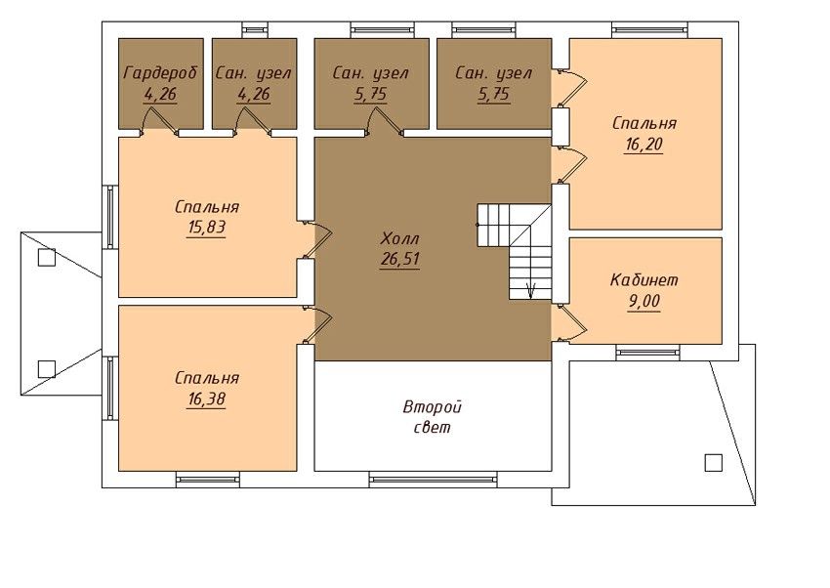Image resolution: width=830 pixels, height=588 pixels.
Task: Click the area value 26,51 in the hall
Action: [400, 259]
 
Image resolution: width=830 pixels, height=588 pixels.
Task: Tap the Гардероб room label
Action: [160, 73]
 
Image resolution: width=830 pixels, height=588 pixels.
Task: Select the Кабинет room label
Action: [643, 279]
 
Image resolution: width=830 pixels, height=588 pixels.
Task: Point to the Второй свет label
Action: [433, 416]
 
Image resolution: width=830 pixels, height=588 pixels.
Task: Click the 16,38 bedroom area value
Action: [206, 399]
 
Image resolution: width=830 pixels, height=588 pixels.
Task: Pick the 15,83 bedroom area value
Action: [206, 227]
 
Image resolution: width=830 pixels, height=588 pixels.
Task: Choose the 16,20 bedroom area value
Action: [643, 144]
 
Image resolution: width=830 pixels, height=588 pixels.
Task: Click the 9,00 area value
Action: [643, 301]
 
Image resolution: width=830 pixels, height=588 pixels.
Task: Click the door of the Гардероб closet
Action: [159, 119]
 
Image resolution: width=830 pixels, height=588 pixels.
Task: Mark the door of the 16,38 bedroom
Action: [317, 324]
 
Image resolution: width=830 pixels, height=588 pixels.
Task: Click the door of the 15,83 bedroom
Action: [317, 239]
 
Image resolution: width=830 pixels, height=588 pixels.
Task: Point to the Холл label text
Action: [400, 238]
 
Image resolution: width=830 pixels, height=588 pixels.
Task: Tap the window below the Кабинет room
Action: [647, 352]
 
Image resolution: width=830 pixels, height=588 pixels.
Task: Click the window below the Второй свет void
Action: [433, 480]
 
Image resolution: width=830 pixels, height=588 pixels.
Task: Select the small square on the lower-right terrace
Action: [714, 463]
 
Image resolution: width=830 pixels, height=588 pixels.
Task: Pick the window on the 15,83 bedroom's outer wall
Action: [110, 216]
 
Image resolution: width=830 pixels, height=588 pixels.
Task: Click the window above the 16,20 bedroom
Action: [649, 30]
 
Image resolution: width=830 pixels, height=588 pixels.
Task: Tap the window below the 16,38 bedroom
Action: [208, 480]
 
